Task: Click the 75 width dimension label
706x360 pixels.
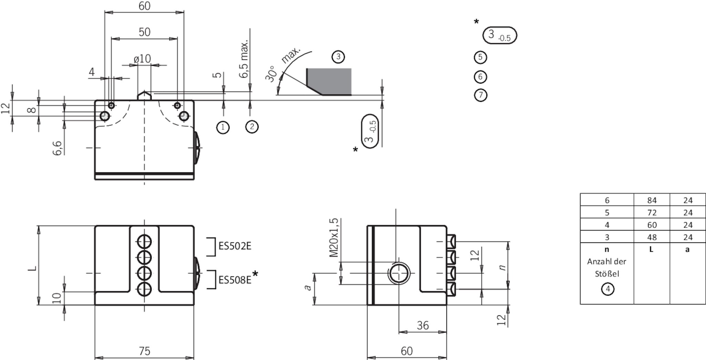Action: click(144, 351)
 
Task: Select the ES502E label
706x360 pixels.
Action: click(235, 246)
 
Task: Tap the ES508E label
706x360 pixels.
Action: click(235, 280)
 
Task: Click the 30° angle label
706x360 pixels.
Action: click(272, 74)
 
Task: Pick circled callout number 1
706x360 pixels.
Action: click(223, 128)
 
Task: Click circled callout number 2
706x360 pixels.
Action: click(252, 127)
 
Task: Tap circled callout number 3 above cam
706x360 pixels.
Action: click(338, 57)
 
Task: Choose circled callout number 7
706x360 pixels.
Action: click(481, 95)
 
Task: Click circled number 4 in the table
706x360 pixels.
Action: click(607, 289)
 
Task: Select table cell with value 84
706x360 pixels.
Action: click(652, 200)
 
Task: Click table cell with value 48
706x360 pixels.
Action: click(652, 237)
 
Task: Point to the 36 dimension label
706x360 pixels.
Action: click(423, 325)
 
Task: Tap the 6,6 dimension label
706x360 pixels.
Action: click(58, 148)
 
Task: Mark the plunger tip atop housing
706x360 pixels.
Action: click(144, 94)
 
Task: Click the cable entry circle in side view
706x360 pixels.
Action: click(399, 273)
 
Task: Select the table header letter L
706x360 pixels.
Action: click(651, 249)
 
